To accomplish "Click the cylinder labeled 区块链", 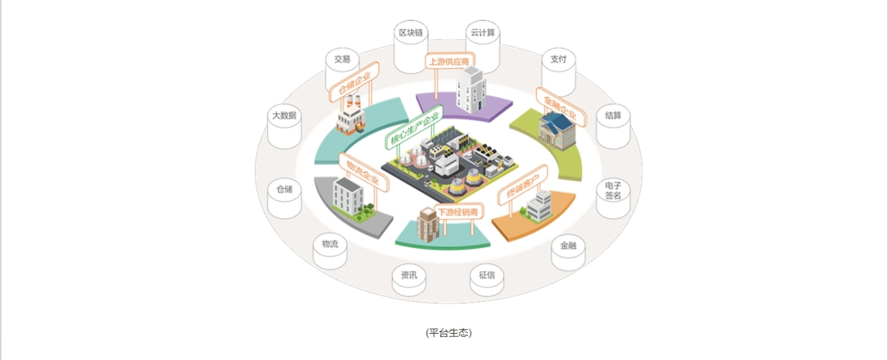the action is (411, 47).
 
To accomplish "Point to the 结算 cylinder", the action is (614, 126).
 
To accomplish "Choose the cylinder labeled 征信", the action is (487, 280).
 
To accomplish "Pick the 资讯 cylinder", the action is (409, 280).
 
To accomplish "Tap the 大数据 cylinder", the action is (284, 126).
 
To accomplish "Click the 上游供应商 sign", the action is (450, 61).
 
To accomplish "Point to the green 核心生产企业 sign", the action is (415, 127).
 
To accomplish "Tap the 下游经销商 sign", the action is (458, 212).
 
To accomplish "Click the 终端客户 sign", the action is (523, 185).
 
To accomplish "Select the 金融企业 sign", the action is (561, 107).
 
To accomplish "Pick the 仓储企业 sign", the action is (354, 82).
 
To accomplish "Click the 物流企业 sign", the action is (364, 172).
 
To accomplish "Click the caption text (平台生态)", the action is (449, 332).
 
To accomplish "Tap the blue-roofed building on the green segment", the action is (557, 130).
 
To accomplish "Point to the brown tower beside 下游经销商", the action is (428, 224).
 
